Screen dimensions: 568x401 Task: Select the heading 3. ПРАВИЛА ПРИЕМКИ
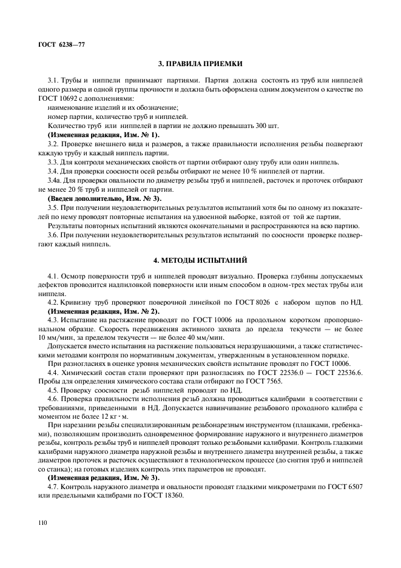(200, 63)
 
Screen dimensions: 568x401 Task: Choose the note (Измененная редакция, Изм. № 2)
(103, 311)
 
